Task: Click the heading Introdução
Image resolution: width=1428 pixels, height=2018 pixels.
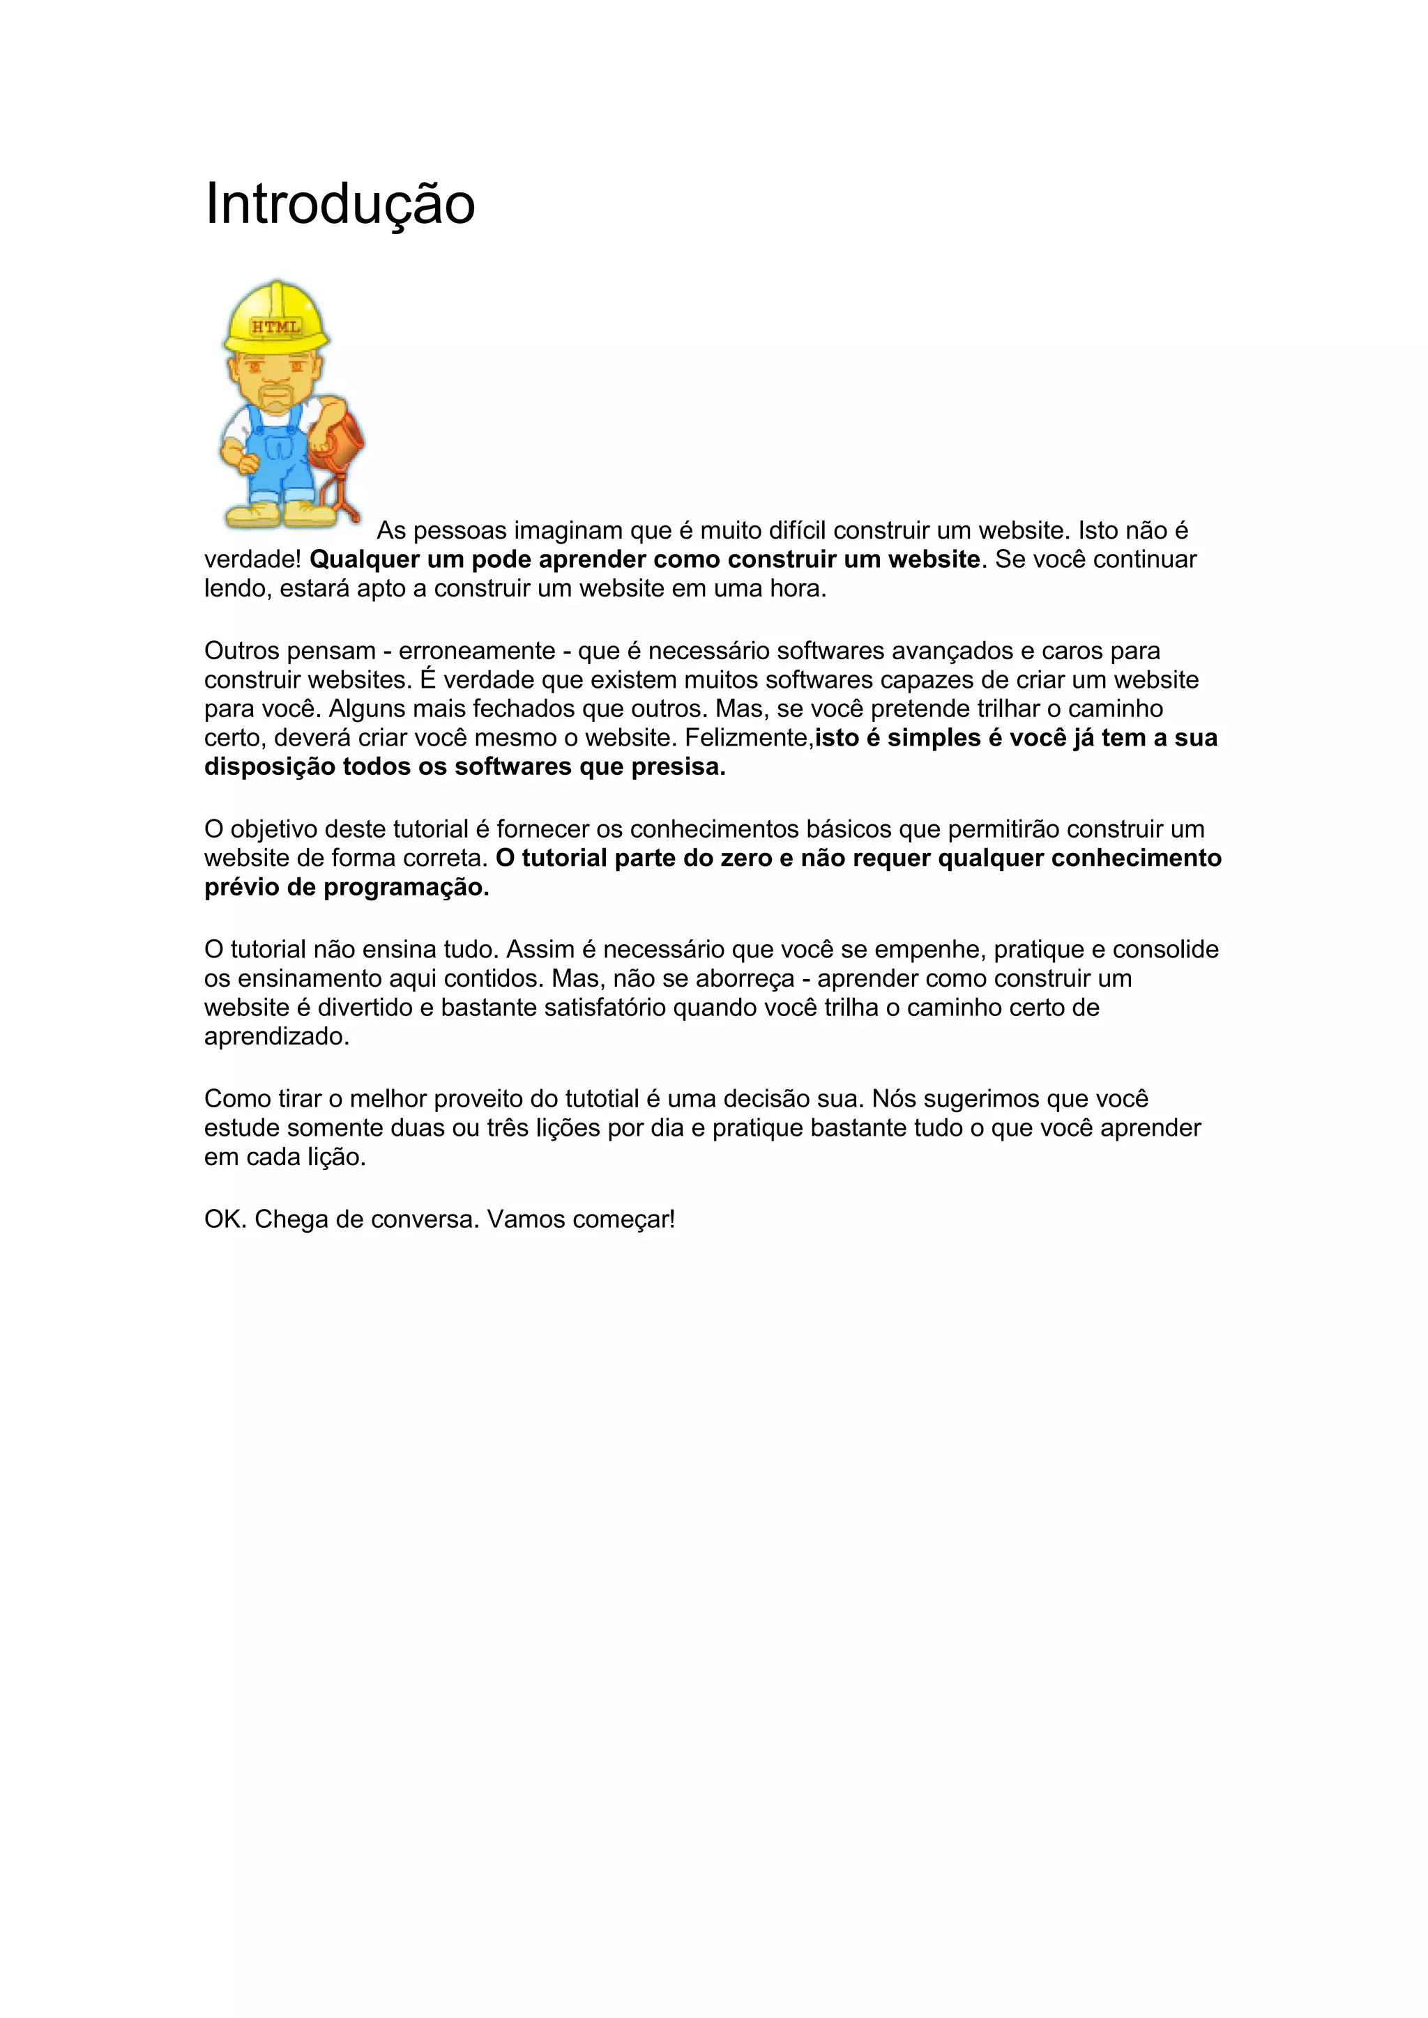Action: (x=340, y=204)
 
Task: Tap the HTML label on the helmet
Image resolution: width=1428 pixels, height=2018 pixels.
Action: (x=276, y=327)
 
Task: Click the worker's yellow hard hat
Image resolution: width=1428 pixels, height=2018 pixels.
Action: (x=276, y=315)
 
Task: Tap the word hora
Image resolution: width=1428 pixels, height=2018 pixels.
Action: (x=798, y=589)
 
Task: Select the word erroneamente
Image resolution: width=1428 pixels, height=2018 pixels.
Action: (x=477, y=652)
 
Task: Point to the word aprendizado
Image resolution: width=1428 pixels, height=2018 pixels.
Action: (x=276, y=1037)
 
